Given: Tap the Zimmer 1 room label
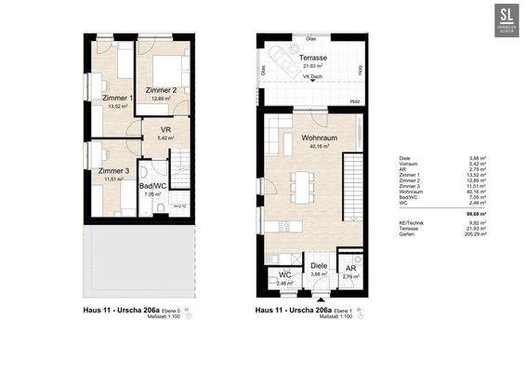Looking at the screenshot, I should tap(117, 98).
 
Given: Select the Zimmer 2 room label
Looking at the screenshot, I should tap(162, 89).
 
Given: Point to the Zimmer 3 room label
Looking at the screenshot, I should tap(113, 171).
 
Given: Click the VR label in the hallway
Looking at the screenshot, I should tap(165, 130).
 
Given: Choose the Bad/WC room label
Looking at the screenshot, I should tap(151, 187).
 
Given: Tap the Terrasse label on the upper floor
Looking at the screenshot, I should tap(313, 58).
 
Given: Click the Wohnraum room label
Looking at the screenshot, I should tap(318, 138).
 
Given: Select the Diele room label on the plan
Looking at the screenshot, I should tap(319, 265).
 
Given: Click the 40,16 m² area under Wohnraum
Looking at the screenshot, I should tap(318, 147).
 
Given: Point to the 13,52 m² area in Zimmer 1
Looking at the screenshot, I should tap(118, 106).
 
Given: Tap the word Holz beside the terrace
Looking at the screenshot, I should tap(355, 100).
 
